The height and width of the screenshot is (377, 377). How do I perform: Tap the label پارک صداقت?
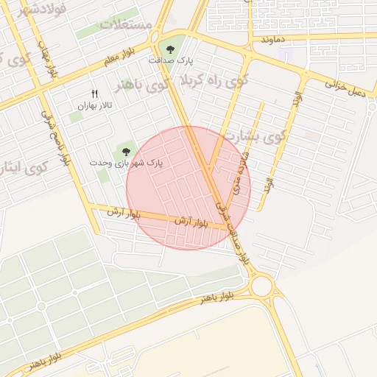point(171,60)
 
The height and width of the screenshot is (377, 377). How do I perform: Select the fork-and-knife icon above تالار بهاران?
point(94,94)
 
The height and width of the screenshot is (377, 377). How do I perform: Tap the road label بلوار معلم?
point(121,55)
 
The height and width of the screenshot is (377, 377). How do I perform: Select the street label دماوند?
point(272,38)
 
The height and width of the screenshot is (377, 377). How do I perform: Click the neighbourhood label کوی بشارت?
point(263,137)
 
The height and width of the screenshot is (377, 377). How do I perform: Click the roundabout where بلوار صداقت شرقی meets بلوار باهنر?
point(261,286)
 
